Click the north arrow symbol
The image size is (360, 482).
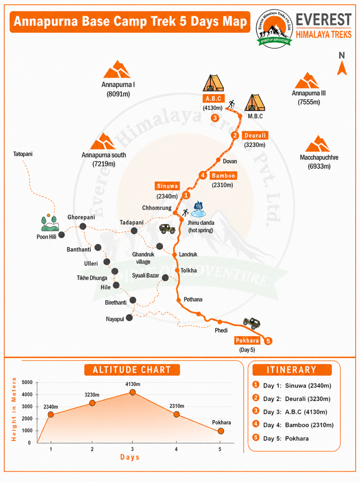[342, 68]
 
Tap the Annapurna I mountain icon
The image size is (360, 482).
[117, 69]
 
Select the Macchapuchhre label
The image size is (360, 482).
[319, 158]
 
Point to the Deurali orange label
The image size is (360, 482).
[255, 136]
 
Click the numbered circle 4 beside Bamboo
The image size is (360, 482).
[203, 175]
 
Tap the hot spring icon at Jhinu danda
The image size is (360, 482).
[198, 209]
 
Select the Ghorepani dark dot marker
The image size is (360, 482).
[83, 227]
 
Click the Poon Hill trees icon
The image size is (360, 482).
[50, 223]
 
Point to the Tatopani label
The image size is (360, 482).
[23, 154]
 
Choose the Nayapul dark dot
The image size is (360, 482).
[130, 318]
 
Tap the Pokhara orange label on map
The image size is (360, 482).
[247, 340]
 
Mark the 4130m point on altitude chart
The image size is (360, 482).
[132, 392]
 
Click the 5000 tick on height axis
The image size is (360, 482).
[27, 383]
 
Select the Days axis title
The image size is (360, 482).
[130, 458]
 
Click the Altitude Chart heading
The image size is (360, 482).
[132, 370]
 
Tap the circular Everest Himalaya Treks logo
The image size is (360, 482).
[274, 29]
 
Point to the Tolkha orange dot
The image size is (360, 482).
[177, 270]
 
